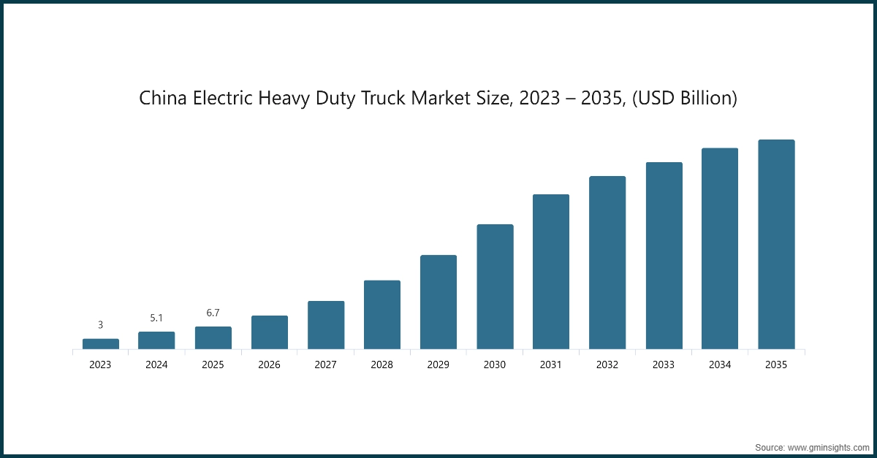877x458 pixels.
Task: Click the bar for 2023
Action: (x=101, y=343)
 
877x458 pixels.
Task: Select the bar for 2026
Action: (x=270, y=332)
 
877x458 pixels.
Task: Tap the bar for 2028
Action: (x=382, y=314)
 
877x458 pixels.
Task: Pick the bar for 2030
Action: (x=495, y=286)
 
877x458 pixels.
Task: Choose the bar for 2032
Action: (x=607, y=262)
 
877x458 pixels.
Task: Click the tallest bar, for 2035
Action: (x=776, y=244)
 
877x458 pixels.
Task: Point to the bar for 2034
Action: (x=720, y=248)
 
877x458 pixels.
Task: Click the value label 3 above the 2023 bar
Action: (x=101, y=325)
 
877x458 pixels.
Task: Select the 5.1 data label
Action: (x=156, y=318)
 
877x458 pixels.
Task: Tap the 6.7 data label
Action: (x=213, y=313)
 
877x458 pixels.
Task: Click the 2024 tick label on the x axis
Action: (x=156, y=365)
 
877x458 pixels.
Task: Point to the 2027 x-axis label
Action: (x=325, y=365)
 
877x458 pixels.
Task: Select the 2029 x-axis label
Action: (x=438, y=365)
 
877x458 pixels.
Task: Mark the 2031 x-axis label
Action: (x=551, y=365)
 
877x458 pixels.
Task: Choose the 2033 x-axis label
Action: (x=664, y=365)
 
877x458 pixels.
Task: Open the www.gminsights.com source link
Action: (x=827, y=446)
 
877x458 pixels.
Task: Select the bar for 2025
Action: (x=213, y=337)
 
